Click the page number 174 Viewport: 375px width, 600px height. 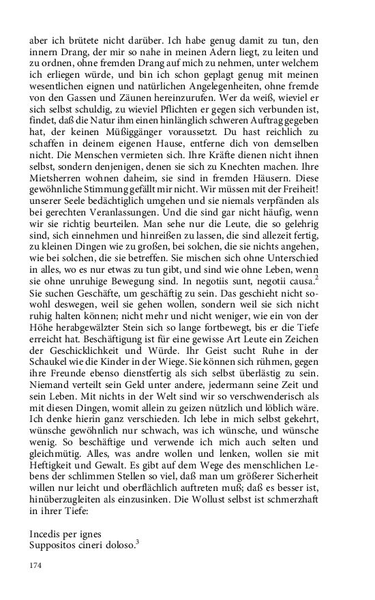35,565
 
